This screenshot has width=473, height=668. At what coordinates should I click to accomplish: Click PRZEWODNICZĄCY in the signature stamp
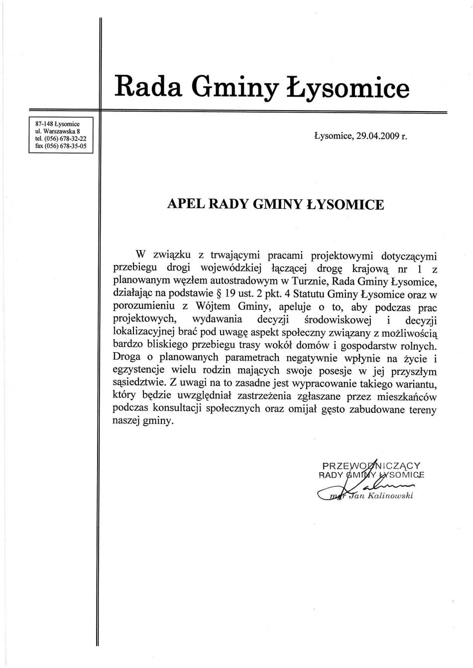coord(371,466)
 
